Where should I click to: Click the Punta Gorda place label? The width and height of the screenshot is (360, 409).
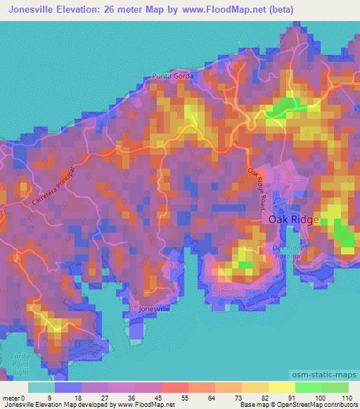(171, 77)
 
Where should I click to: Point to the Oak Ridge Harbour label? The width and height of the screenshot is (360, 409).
(290, 251)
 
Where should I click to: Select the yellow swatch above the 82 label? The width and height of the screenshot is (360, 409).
(255, 387)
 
